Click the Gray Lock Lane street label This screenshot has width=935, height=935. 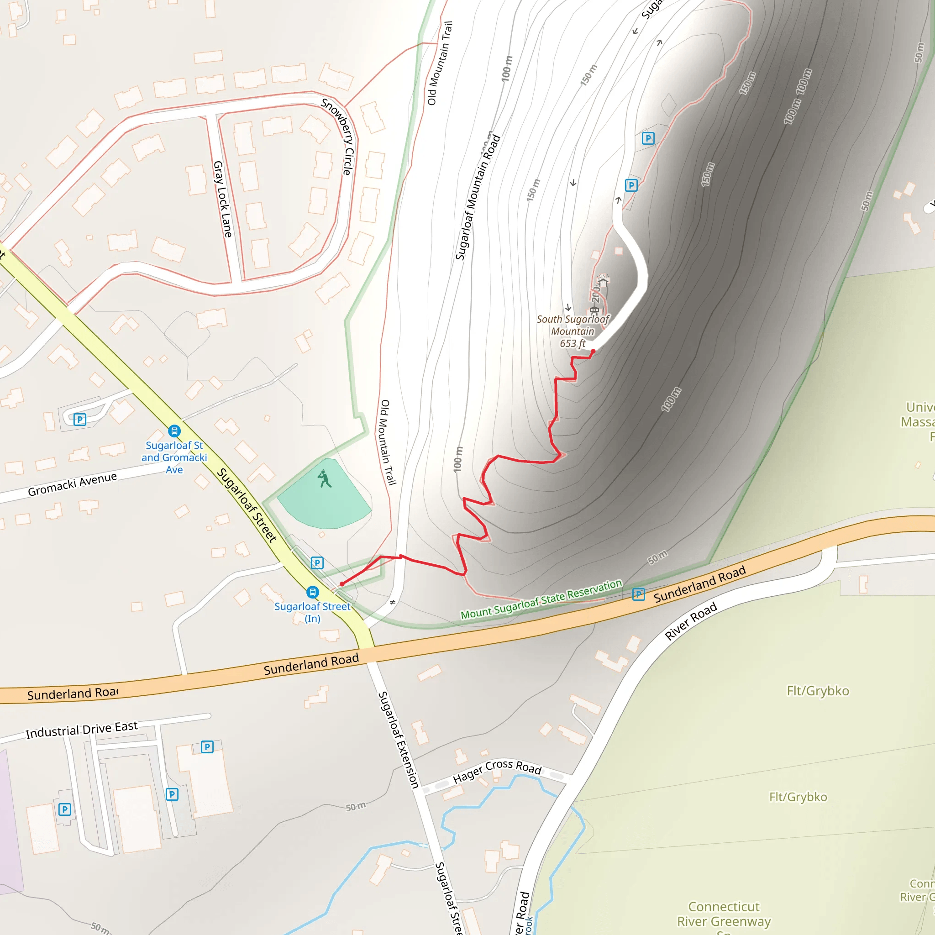coord(223,199)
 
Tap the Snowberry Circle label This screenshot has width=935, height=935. coord(340,137)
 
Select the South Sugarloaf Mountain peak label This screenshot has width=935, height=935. coord(573,331)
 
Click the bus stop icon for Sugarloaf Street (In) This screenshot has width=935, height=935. coord(313,592)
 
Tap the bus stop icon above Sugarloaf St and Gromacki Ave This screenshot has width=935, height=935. coord(174,431)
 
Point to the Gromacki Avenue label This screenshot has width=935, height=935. coord(72,484)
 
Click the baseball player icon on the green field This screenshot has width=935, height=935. coord(324,479)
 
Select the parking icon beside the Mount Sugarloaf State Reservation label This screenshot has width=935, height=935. coord(638,594)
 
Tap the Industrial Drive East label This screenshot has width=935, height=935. coord(81,729)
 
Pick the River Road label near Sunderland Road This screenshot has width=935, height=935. coord(691,621)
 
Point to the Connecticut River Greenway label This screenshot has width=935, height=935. coord(724,914)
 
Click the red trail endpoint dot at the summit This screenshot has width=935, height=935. coord(593,352)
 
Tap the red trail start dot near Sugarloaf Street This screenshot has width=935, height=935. coord(341,584)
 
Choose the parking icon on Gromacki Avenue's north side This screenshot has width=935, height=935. coord(80,419)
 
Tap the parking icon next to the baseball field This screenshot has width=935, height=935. coord(317,562)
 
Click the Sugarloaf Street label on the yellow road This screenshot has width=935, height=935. coord(247,505)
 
